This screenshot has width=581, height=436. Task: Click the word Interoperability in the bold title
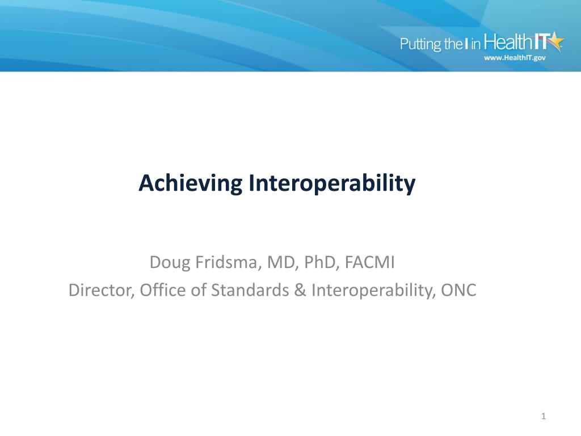(331, 183)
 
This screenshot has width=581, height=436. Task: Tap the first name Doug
(168, 263)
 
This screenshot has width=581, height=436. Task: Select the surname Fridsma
(222, 263)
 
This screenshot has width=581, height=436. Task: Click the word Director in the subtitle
(99, 290)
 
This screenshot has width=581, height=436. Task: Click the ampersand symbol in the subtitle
(301, 290)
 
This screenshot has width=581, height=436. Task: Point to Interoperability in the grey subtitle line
(371, 290)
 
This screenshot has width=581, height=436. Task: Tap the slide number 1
(544, 417)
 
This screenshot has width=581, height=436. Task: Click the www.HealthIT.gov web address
(514, 58)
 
